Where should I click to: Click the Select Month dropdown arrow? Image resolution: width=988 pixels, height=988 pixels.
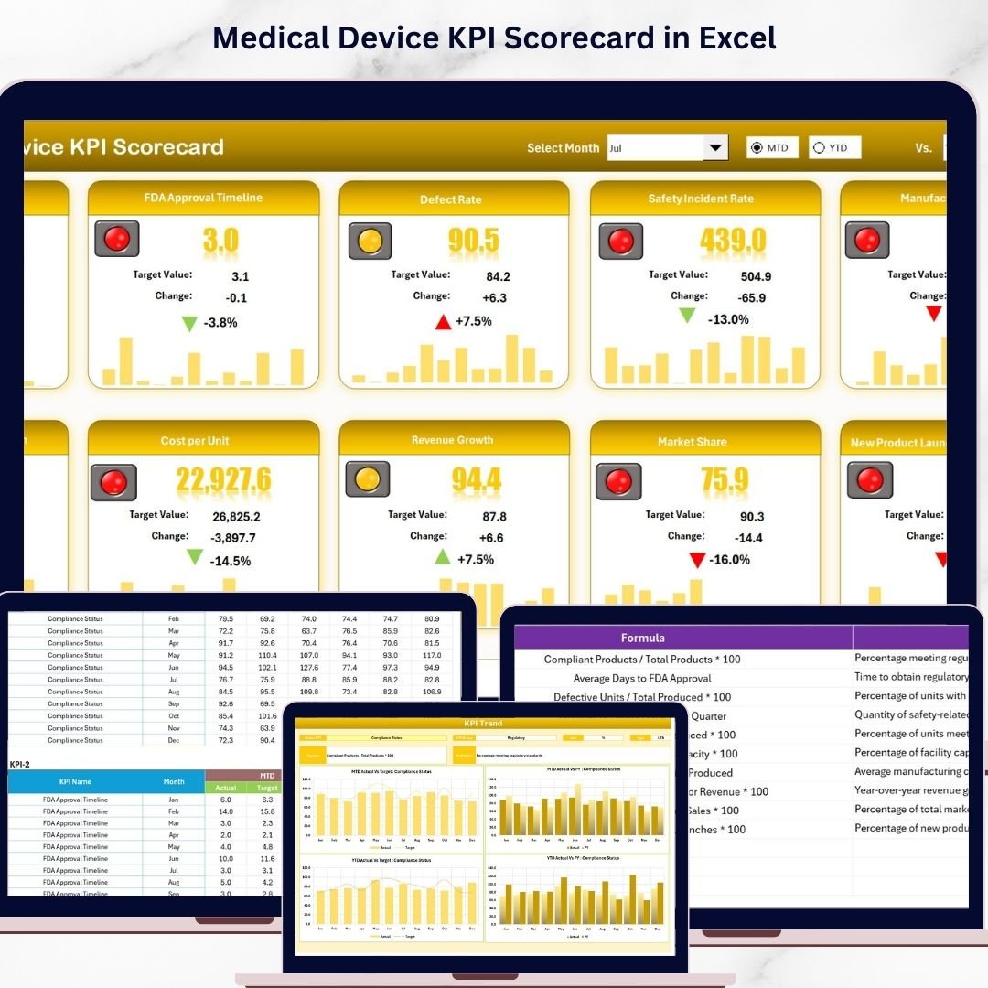[x=714, y=148]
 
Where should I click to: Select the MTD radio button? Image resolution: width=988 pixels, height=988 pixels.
[x=757, y=148]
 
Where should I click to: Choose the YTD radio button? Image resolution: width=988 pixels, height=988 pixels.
[x=819, y=148]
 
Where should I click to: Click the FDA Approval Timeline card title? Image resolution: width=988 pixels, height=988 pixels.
[x=203, y=198]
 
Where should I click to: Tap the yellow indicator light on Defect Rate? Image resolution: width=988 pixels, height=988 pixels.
[x=370, y=242]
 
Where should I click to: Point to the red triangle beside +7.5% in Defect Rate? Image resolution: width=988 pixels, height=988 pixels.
[x=444, y=321]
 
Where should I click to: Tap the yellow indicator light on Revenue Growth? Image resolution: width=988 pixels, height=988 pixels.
[x=367, y=478]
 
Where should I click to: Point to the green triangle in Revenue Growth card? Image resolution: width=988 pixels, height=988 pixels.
[x=442, y=557]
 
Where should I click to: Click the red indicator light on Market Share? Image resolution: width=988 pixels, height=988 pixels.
[x=618, y=481]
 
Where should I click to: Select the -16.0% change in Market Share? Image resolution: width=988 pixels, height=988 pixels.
[x=729, y=560]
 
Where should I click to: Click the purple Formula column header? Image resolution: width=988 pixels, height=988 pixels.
[x=642, y=638]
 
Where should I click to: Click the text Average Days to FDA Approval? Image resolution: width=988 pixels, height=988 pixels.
[x=642, y=678]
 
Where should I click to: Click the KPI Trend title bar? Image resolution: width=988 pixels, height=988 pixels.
[x=484, y=724]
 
